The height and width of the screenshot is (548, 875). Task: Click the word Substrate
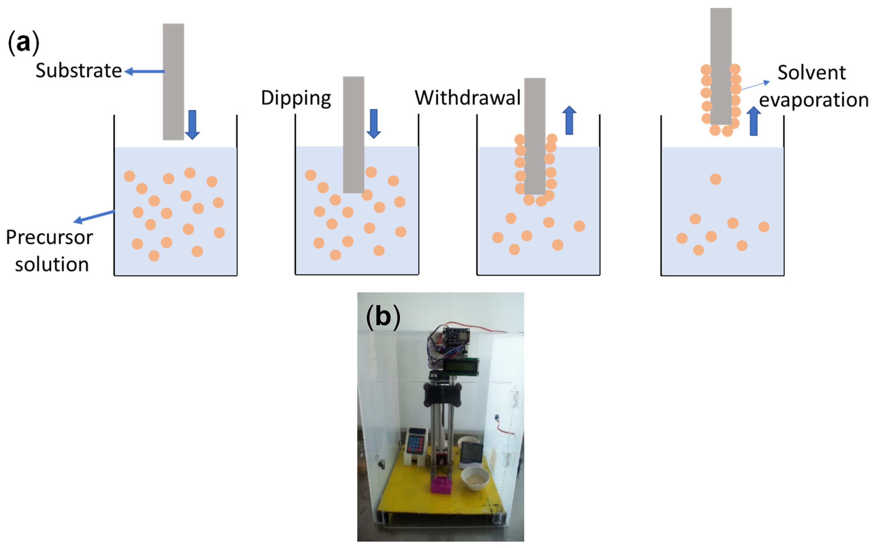coord(78,70)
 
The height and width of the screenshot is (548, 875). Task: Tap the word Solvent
coord(811,72)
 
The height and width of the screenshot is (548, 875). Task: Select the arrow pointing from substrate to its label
coord(144,71)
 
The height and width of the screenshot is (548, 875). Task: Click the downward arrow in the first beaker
coord(192,124)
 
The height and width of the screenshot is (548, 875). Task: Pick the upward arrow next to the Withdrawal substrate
coord(569,120)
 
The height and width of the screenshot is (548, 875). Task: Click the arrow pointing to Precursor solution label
coord(94,216)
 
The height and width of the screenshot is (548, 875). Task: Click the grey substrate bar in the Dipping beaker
coord(354,134)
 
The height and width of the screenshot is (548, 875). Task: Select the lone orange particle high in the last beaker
coord(715,179)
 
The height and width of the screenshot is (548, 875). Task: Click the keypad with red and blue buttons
coord(416,444)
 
